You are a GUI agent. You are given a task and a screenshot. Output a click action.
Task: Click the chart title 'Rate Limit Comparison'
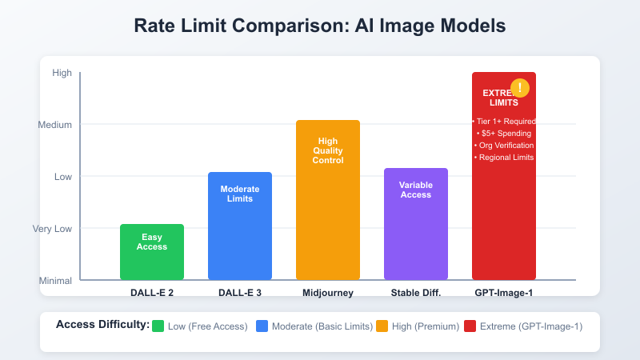(x=320, y=26)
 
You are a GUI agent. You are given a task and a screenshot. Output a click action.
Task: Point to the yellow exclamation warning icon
(x=520, y=88)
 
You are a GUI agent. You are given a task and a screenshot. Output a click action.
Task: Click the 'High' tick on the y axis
(x=62, y=73)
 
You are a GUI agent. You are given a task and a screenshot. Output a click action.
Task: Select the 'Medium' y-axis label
(x=55, y=125)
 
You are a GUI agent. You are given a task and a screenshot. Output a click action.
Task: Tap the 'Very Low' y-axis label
(x=52, y=229)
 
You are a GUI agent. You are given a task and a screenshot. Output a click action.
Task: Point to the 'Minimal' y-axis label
(x=55, y=281)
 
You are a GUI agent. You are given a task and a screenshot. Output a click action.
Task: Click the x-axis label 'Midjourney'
(x=328, y=293)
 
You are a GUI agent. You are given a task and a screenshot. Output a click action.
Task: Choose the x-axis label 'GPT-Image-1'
(x=504, y=293)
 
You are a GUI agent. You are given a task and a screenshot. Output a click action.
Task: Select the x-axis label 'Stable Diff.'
(x=416, y=293)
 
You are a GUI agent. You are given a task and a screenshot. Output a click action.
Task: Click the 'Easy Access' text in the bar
(x=152, y=242)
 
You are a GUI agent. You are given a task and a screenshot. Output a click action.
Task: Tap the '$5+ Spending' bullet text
(x=504, y=133)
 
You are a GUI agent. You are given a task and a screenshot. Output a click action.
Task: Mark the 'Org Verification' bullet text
(x=504, y=145)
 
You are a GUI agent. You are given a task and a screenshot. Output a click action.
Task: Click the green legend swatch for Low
(x=158, y=326)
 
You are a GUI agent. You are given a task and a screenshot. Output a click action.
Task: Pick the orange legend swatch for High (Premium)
(x=382, y=326)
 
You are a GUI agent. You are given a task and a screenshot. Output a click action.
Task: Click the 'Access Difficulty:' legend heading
(x=102, y=325)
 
